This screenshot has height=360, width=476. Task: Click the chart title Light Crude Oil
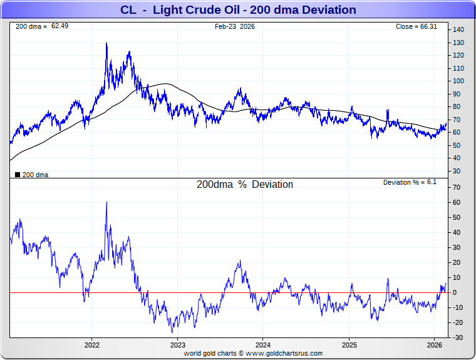pos(237,10)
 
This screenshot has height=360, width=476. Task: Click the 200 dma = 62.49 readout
pos(33,26)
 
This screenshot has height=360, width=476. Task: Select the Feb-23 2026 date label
pos(235,26)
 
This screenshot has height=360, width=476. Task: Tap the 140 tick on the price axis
pos(458,30)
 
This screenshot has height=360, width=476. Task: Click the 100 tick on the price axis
pos(458,81)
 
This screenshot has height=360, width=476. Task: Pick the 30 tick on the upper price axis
pos(457,171)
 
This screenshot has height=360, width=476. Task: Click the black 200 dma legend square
pos(17,175)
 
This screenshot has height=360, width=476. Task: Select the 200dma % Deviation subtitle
pos(244,185)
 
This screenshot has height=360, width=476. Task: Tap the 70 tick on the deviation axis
pos(457,187)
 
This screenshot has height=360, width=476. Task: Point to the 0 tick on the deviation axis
pos(455,292)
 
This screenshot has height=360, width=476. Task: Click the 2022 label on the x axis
pos(92,345)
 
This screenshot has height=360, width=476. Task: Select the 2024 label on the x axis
pos(263,345)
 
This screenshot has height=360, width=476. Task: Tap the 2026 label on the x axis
pos(434,345)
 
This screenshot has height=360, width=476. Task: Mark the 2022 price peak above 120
pos(106,43)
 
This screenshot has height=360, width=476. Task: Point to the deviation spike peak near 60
pos(106,202)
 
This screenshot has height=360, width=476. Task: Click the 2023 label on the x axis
pos(178,345)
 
